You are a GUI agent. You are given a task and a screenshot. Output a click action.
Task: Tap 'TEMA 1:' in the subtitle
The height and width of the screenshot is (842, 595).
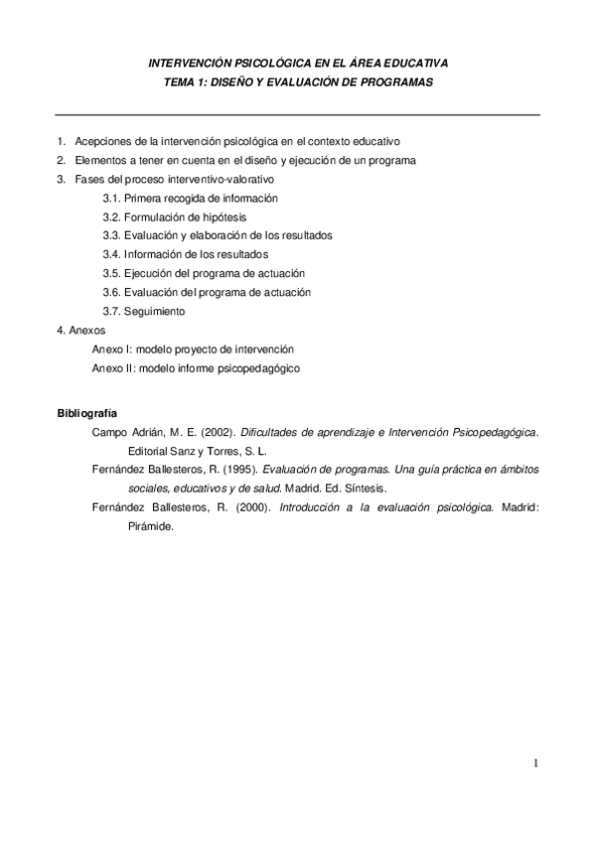click(186, 83)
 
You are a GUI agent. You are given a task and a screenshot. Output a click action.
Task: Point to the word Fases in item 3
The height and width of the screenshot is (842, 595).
click(88, 179)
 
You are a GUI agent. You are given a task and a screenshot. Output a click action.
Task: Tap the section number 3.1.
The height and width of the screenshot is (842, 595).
click(111, 198)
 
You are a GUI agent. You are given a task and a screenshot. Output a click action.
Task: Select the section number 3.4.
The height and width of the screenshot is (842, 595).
click(111, 254)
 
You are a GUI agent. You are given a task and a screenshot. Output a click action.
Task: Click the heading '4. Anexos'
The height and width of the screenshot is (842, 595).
click(81, 330)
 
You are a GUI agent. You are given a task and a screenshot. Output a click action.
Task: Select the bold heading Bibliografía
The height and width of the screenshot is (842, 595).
click(86, 412)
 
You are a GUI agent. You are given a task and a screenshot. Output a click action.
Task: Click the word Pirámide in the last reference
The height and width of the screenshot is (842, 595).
click(145, 527)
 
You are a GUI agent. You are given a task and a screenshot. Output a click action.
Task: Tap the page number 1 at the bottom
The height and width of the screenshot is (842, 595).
click(534, 764)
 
